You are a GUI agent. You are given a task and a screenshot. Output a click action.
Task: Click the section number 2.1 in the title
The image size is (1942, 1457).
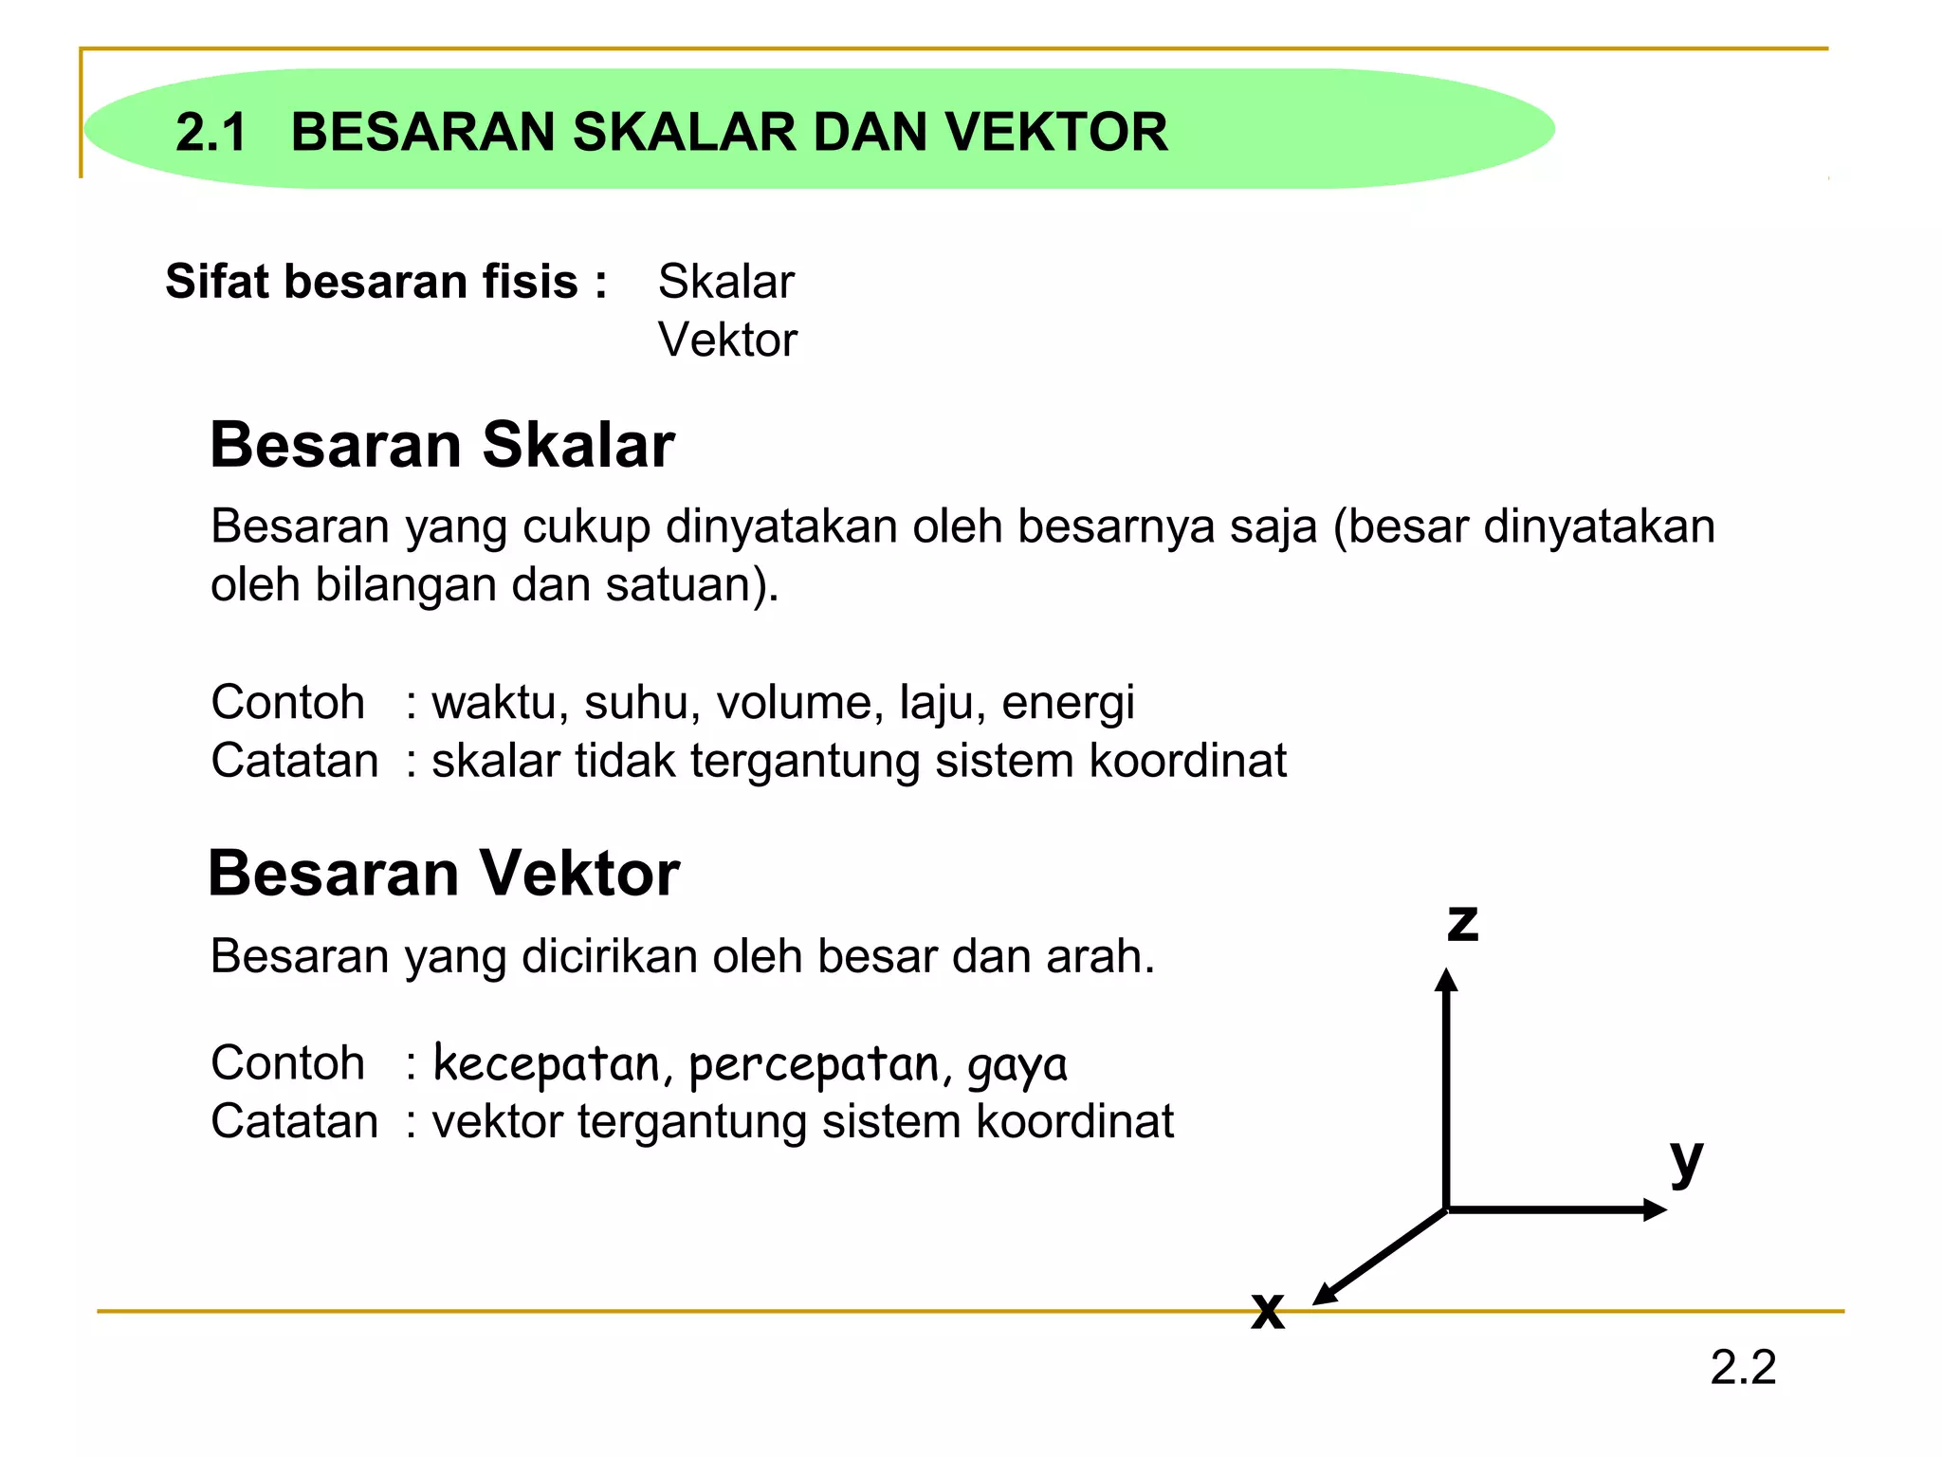tap(211, 132)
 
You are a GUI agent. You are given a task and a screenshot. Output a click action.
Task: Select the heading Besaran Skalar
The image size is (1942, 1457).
tap(442, 445)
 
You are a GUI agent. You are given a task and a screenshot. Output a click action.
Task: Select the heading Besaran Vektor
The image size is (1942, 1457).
tap(444, 873)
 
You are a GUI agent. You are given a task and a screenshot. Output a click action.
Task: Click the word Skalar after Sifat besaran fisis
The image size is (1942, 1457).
tap(726, 282)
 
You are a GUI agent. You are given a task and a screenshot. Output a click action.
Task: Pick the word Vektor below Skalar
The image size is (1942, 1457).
tap(727, 340)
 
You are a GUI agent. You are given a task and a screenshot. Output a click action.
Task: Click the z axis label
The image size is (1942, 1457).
tap(1462, 923)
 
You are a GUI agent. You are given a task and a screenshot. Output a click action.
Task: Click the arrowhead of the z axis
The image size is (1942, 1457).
tap(1446, 980)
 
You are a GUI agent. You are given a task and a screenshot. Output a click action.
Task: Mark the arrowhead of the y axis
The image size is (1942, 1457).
tap(1655, 1209)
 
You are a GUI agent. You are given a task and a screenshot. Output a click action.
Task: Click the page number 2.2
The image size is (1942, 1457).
tap(1743, 1368)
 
